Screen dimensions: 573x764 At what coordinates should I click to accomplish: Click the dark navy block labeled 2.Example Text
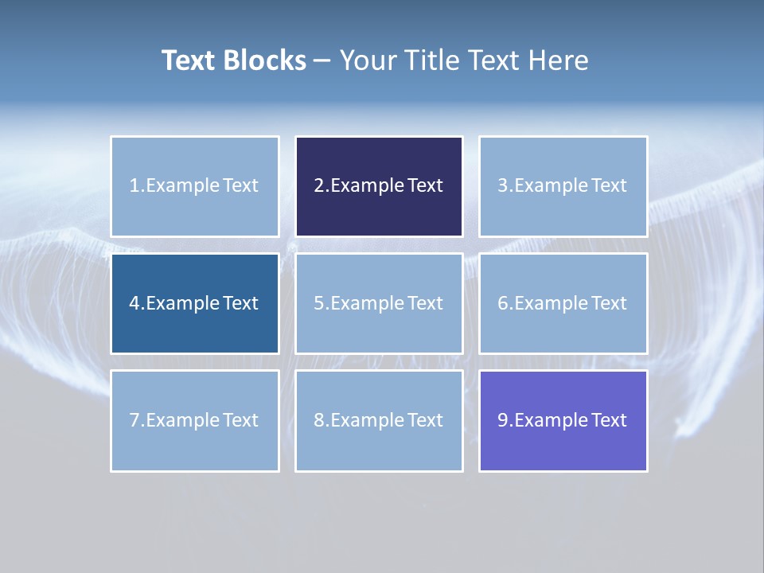point(379,186)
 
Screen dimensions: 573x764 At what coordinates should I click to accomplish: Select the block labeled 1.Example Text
point(195,186)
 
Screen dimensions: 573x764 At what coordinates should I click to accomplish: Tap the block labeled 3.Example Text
point(563,186)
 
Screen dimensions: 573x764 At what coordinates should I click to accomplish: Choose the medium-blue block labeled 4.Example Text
point(195,303)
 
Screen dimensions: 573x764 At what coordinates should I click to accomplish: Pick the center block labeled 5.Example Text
point(379,303)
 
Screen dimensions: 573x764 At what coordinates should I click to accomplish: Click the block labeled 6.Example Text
point(563,303)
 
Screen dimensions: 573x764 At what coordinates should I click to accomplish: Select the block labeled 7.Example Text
point(195,420)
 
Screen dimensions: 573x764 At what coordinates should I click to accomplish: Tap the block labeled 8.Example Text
point(379,420)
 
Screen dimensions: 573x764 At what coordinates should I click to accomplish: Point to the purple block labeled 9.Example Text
point(563,420)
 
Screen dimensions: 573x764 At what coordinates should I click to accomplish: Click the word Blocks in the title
point(264,60)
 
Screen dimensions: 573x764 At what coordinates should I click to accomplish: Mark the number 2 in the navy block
point(318,186)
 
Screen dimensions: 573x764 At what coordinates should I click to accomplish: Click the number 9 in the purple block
point(502,420)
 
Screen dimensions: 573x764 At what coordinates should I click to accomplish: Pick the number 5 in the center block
point(318,303)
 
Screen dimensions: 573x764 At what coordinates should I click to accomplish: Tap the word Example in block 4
point(181,303)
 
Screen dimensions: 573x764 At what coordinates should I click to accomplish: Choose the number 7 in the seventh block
point(134,420)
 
